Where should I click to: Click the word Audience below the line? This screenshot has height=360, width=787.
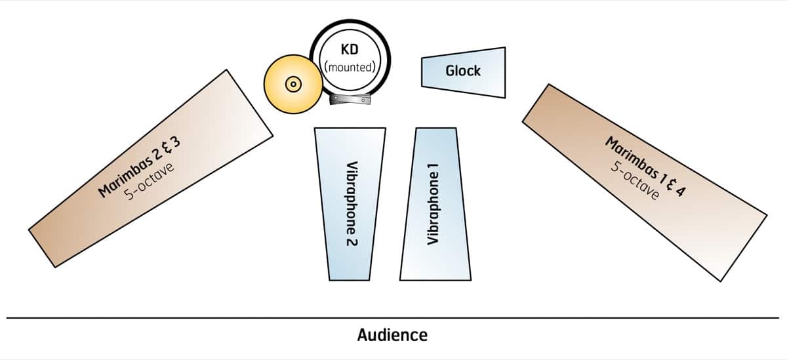[x=392, y=335]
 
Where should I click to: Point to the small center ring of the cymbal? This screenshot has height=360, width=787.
[x=291, y=84]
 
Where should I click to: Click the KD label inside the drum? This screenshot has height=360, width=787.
[x=350, y=50]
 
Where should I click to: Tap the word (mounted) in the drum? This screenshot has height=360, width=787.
[x=350, y=66]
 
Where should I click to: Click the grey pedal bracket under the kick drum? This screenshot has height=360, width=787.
[x=350, y=100]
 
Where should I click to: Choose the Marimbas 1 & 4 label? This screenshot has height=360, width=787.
[x=644, y=168]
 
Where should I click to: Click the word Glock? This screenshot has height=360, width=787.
[x=463, y=71]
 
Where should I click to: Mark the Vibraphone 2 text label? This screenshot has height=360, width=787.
[x=352, y=204]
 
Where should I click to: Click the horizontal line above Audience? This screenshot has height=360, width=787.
[x=393, y=318]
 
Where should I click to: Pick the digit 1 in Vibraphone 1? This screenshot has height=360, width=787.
[x=433, y=169]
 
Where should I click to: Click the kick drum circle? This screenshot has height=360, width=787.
[x=350, y=59]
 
